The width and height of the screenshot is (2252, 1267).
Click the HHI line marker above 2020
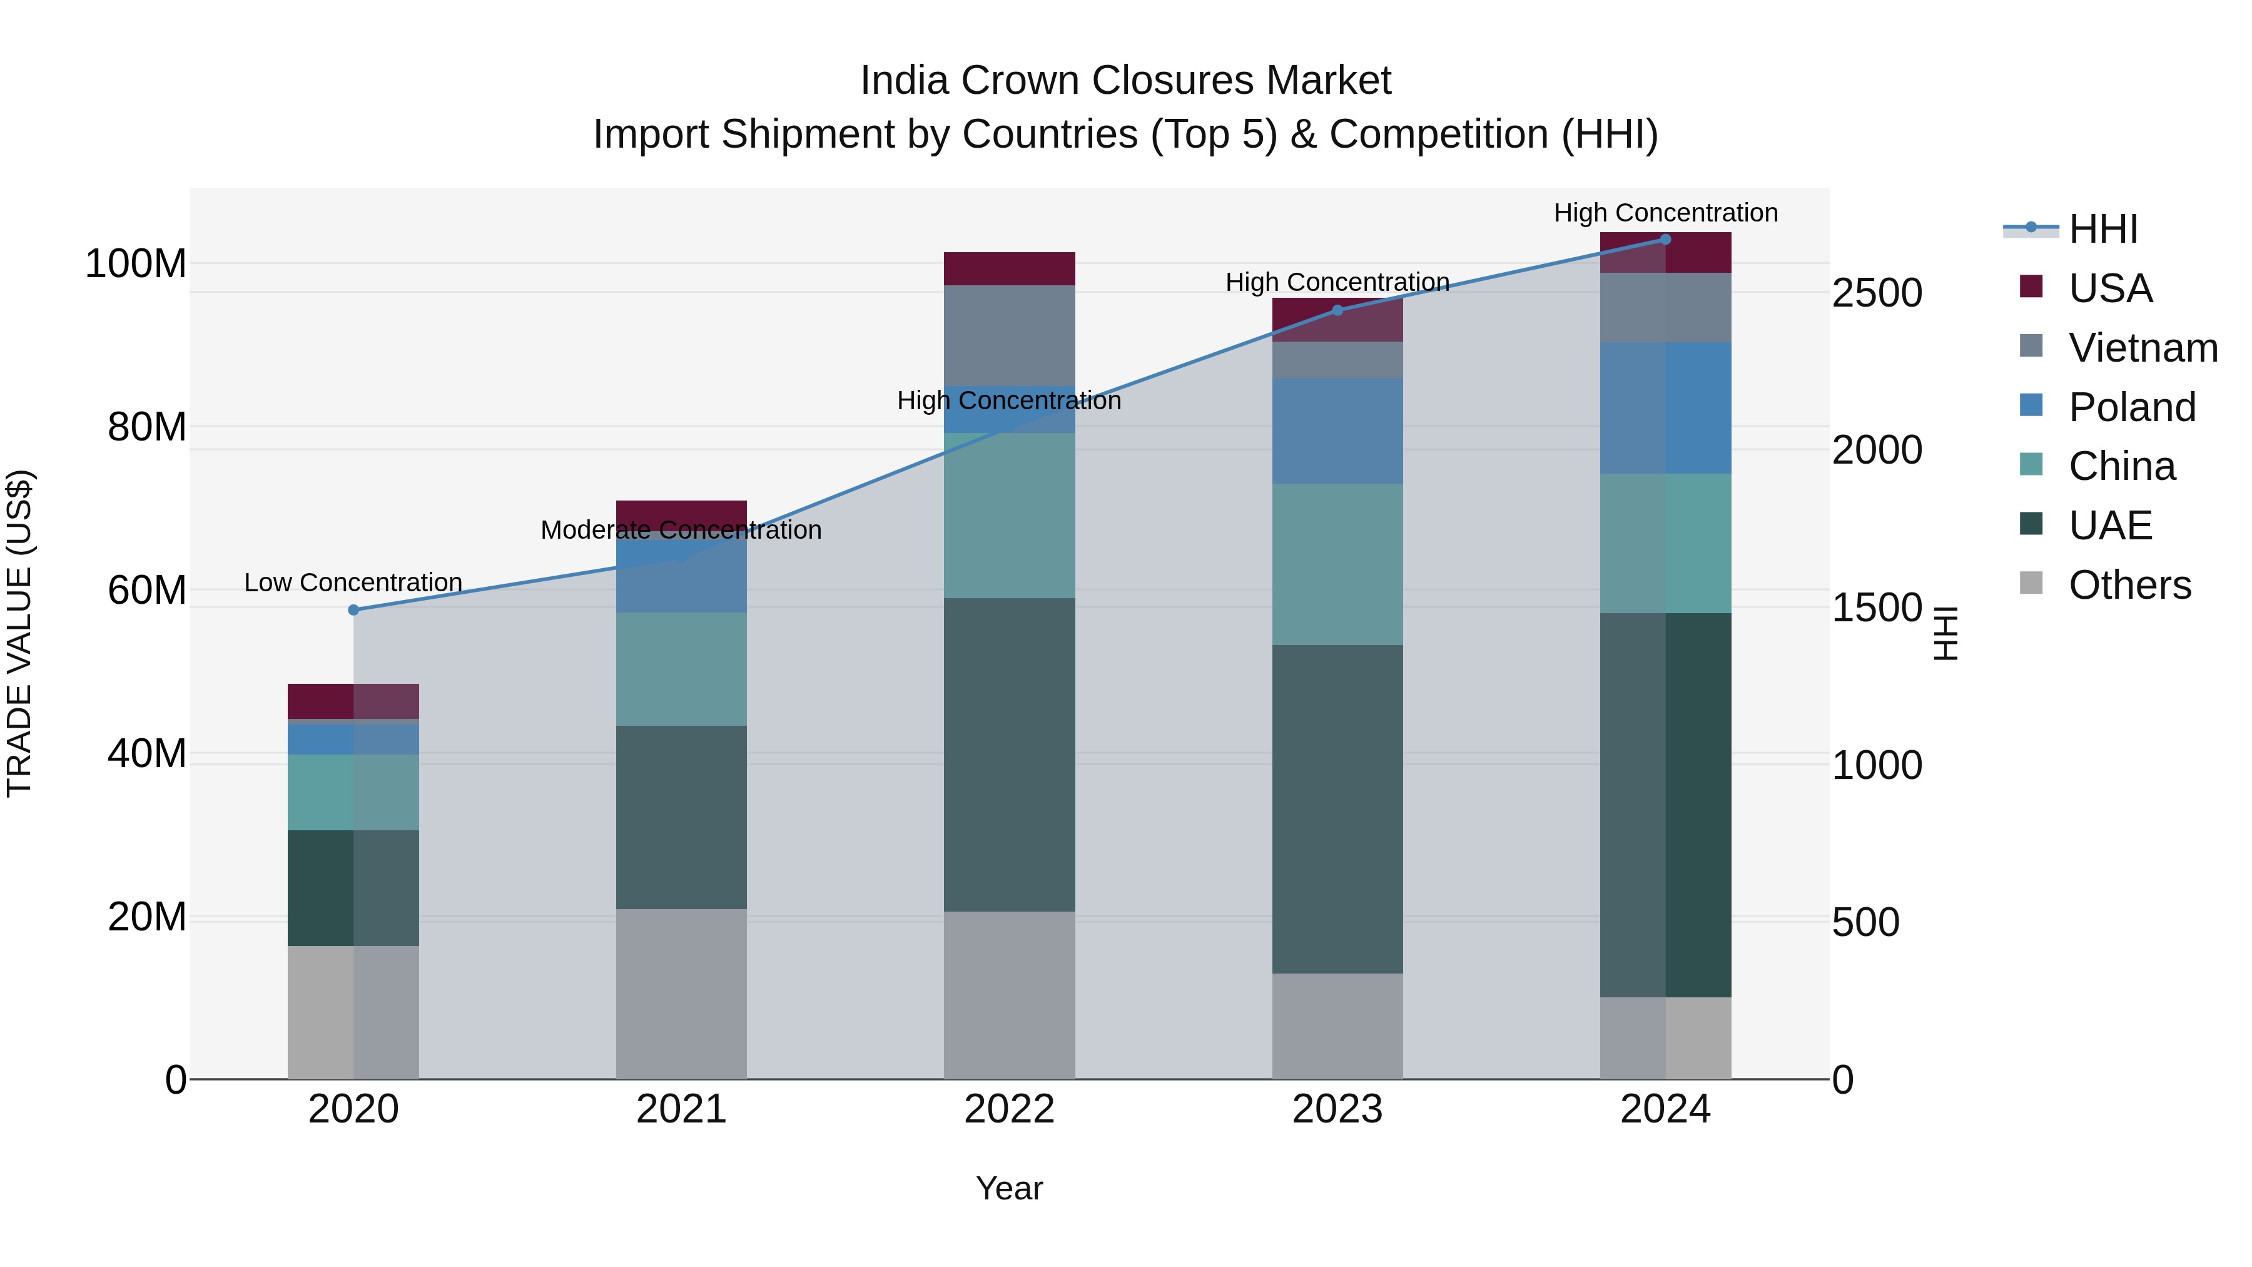(353, 609)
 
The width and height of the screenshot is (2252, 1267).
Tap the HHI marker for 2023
(1337, 310)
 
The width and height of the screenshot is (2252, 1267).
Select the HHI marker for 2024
(1665, 240)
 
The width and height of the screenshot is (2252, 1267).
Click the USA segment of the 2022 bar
(1009, 268)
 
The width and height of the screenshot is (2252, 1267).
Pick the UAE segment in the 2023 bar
(1337, 809)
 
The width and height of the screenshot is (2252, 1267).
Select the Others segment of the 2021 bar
(681, 994)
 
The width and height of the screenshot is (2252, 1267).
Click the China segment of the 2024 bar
(1665, 543)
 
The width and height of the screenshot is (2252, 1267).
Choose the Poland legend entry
(2131, 407)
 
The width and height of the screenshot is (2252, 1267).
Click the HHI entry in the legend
(2102, 229)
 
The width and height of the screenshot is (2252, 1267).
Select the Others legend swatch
(2031, 583)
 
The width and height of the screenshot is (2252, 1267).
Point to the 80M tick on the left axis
(147, 427)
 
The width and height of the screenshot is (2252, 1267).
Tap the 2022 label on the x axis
(1009, 1109)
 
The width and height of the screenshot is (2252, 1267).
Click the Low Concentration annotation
(353, 583)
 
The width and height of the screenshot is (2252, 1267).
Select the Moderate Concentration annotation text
(681, 530)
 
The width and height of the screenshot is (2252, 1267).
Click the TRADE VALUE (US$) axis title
(19, 633)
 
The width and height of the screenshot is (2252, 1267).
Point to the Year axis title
(1009, 1188)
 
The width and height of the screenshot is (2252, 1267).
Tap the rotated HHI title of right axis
(1946, 633)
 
